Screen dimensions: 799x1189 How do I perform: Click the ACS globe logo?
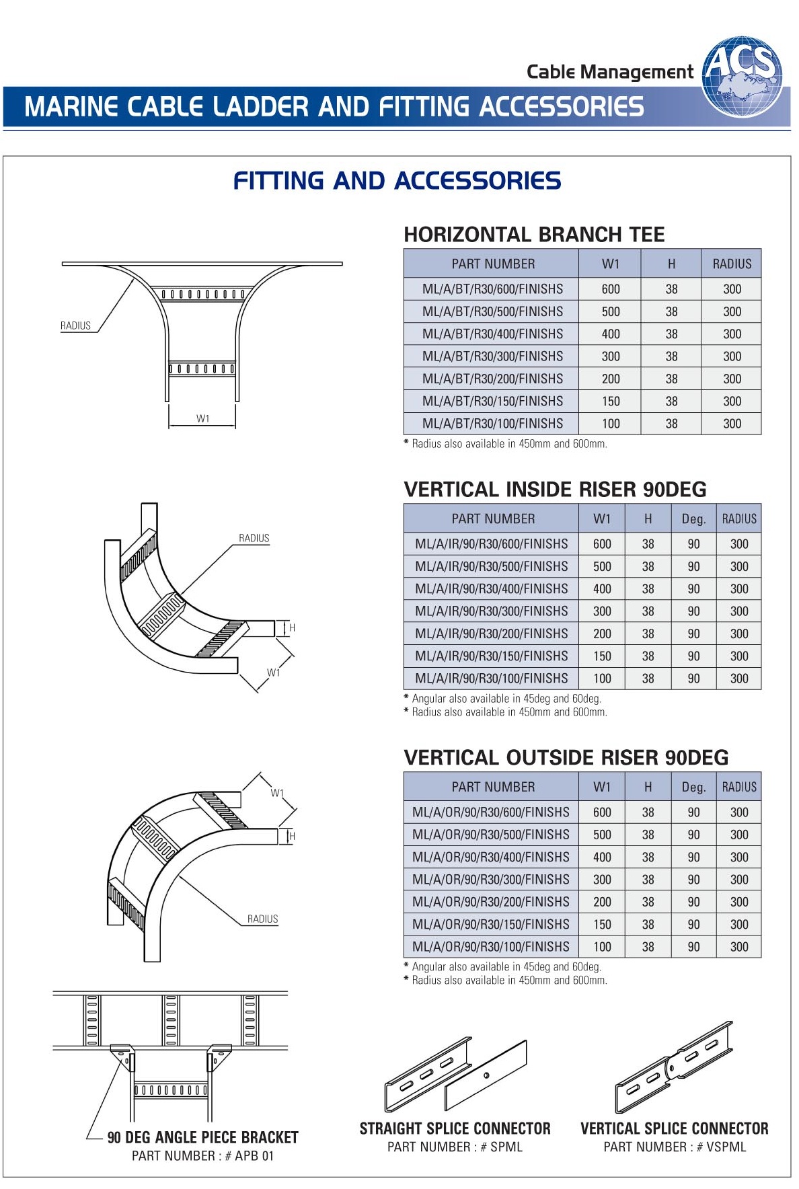pos(742,77)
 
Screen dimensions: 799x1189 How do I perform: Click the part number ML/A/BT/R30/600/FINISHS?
pos(492,289)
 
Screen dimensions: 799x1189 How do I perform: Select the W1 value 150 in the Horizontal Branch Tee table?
pos(611,401)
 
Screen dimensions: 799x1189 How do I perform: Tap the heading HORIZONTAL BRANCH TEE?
pos(534,235)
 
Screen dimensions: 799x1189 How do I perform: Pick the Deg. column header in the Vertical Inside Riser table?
pos(693,519)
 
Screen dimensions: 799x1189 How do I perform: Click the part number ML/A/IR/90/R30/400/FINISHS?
pos(492,589)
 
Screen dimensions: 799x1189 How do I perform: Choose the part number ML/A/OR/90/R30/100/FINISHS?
pos(491,947)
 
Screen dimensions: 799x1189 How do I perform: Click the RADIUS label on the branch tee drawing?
pos(75,325)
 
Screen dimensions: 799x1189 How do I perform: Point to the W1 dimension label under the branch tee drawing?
pos(203,418)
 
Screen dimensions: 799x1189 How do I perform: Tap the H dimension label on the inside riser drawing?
pos(292,627)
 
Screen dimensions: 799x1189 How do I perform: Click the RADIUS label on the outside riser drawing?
pos(262,919)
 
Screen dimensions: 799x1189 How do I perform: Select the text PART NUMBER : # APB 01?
pos(202,1156)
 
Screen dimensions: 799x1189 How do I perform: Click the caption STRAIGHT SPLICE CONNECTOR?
pos(455,1128)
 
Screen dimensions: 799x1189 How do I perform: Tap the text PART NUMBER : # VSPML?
pos(675,1147)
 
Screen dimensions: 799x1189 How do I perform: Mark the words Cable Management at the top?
pos(609,72)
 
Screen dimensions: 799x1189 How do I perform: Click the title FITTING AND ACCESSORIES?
pos(397,181)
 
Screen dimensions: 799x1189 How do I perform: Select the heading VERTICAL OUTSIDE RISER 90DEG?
pos(566,758)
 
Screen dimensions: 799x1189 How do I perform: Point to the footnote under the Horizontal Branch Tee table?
pos(505,444)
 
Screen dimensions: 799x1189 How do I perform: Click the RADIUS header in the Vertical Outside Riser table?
pos(739,787)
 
